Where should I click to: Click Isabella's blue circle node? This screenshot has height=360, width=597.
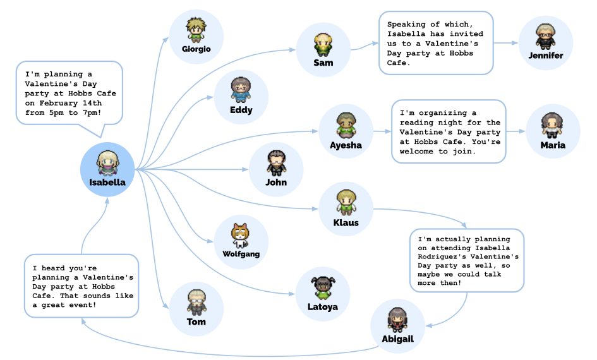(107, 169)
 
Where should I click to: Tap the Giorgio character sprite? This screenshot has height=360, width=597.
(196, 29)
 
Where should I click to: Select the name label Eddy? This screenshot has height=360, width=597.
(241, 110)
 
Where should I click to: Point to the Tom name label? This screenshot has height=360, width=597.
(196, 322)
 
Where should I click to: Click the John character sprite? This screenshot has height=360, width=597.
(276, 162)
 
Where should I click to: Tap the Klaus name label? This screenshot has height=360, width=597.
(346, 222)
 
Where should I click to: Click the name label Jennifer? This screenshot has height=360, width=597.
(546, 56)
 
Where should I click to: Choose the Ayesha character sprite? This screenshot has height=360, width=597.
(346, 125)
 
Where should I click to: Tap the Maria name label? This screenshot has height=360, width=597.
(553, 145)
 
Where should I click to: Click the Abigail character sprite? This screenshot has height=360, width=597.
(397, 320)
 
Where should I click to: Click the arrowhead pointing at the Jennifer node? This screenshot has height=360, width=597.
(516, 43)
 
